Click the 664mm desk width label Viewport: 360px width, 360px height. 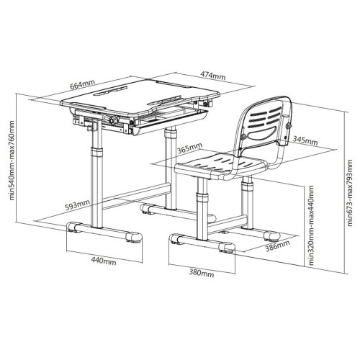(x=83, y=84)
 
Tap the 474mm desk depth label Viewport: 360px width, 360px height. (x=213, y=76)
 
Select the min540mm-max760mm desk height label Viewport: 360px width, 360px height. (x=12, y=161)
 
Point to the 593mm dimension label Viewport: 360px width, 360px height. (x=78, y=204)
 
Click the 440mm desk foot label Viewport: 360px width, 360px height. (x=104, y=261)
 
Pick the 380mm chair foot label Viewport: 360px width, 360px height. (x=202, y=273)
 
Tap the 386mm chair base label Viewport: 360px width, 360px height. (x=277, y=246)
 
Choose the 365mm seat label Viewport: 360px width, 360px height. (x=189, y=148)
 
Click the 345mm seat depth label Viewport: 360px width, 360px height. (x=305, y=140)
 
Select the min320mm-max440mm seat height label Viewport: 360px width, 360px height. (x=311, y=225)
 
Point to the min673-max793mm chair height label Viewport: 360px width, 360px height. (x=350, y=193)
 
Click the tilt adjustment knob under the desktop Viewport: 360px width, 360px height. (x=114, y=120)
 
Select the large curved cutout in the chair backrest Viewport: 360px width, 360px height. (x=263, y=133)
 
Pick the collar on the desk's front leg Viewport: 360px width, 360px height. (x=96, y=153)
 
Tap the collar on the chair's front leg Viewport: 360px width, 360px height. (x=202, y=197)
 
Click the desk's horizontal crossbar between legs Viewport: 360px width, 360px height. (x=135, y=196)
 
